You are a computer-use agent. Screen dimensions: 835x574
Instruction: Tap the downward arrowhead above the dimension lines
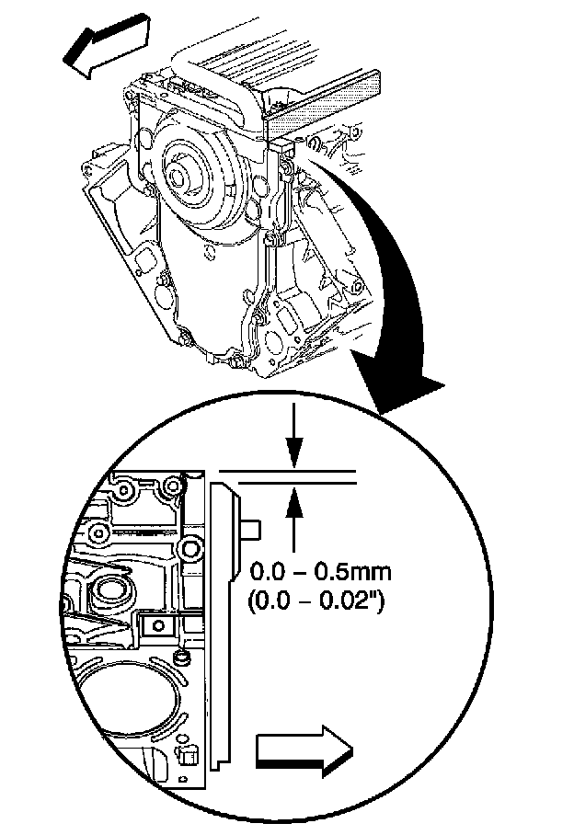coord(293,452)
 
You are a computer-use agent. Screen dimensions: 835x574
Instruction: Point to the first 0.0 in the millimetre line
coord(266,572)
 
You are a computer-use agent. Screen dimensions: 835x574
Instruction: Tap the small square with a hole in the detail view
coord(157,626)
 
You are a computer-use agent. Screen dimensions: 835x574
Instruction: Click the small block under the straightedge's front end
coord(280,147)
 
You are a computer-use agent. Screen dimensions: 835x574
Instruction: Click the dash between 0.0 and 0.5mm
coord(299,572)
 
